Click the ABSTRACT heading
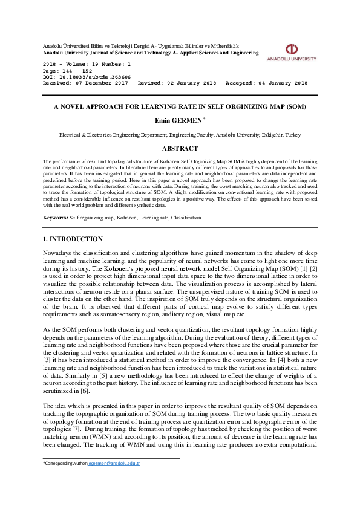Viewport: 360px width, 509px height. tap(180, 148)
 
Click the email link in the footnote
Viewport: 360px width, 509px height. tap(122, 463)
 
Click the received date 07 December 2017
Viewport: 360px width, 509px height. tap(102, 83)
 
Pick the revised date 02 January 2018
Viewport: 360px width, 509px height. tap(191, 83)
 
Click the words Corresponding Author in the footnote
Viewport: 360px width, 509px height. tap(65, 463)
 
